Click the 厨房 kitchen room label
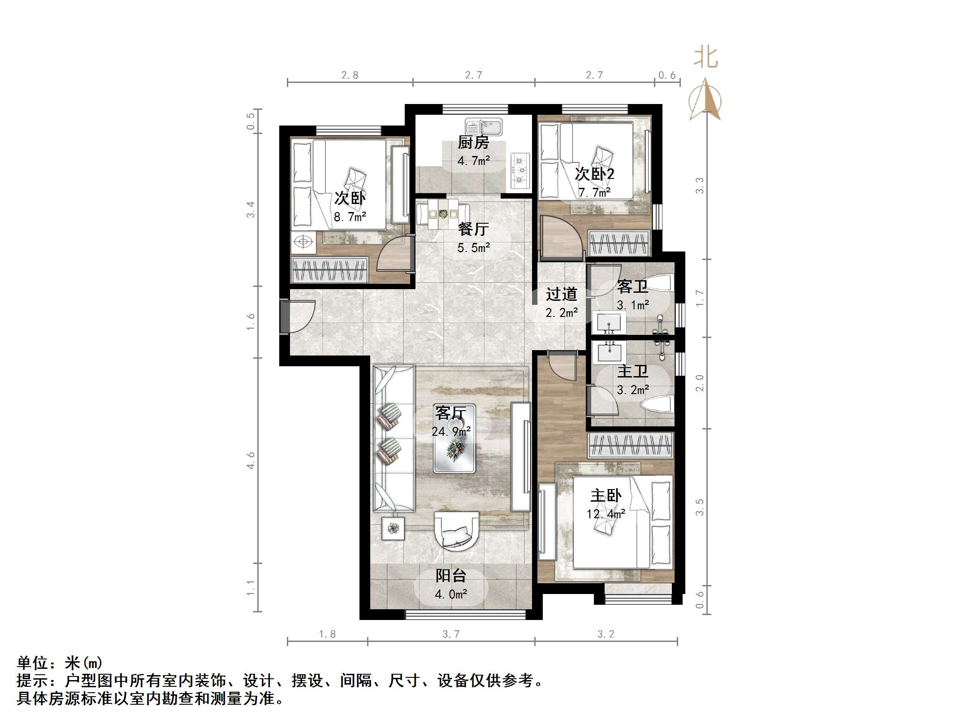click(473, 143)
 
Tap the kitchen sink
click(483, 127)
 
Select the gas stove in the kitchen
click(520, 171)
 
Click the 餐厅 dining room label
click(473, 229)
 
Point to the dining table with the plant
click(443, 214)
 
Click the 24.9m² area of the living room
click(451, 431)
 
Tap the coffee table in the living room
click(454, 438)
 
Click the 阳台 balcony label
click(451, 576)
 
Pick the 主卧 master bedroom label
click(606, 496)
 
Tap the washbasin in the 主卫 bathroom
click(609, 352)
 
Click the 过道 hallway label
click(561, 295)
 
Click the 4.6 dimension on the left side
click(251, 460)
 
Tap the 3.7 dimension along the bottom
click(451, 634)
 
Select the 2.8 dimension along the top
click(350, 75)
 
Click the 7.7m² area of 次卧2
click(594, 193)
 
